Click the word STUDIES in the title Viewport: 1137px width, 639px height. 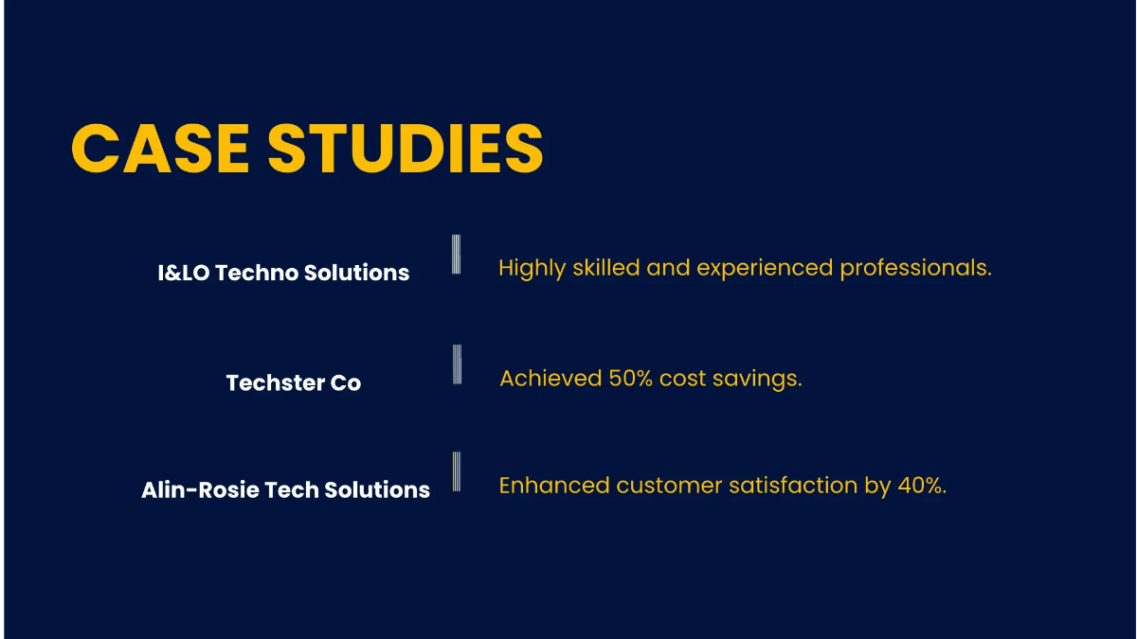(x=405, y=149)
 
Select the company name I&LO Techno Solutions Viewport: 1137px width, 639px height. (x=283, y=273)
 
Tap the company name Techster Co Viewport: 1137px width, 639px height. (x=294, y=383)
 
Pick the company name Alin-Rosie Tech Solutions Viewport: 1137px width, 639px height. (x=285, y=490)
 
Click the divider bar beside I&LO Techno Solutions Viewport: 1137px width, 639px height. (x=456, y=254)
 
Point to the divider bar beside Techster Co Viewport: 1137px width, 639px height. (x=457, y=364)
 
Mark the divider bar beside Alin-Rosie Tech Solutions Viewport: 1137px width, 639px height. (x=456, y=471)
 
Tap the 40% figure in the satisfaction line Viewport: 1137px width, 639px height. (x=920, y=486)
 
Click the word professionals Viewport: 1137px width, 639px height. (x=915, y=269)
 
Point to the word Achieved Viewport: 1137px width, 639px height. (x=550, y=379)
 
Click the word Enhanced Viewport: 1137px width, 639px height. (x=554, y=486)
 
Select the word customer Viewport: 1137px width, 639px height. (x=669, y=486)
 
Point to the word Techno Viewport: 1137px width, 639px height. (x=259, y=273)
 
